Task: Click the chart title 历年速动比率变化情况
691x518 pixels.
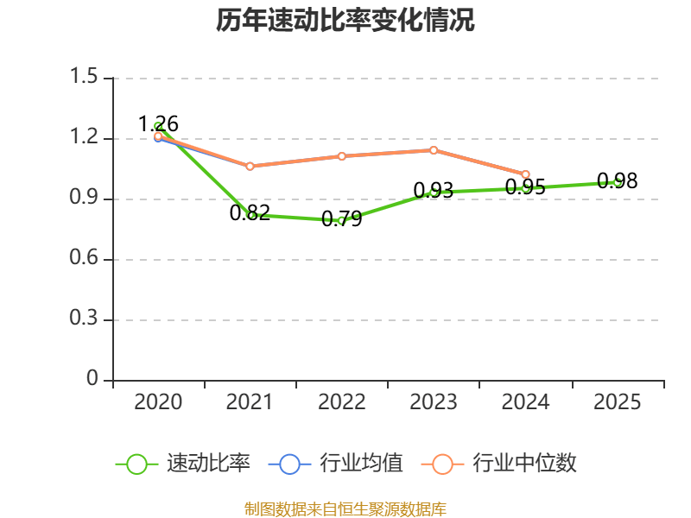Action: [345, 21]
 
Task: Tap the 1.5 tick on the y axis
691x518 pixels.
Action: [85, 78]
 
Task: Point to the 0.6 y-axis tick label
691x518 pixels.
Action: [85, 259]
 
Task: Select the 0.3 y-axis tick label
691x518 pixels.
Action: [85, 319]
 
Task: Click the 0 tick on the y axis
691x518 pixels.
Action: [94, 380]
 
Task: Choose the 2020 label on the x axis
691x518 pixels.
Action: [159, 402]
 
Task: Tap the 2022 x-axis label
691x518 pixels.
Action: [342, 402]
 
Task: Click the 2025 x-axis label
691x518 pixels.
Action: [618, 402]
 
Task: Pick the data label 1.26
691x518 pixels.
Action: [159, 124]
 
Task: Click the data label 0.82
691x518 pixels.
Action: [250, 212]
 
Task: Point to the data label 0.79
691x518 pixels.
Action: [342, 219]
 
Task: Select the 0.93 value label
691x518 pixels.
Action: [434, 190]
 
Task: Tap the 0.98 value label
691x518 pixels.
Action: [618, 180]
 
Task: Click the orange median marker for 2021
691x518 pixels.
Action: [250, 166]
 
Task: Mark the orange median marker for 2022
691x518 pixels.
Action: [342, 156]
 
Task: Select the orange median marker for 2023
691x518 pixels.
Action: [434, 150]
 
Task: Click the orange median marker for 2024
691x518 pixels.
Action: [525, 174]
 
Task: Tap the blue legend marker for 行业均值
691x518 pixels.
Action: [289, 464]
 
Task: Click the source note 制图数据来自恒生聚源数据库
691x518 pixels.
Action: [345, 509]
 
